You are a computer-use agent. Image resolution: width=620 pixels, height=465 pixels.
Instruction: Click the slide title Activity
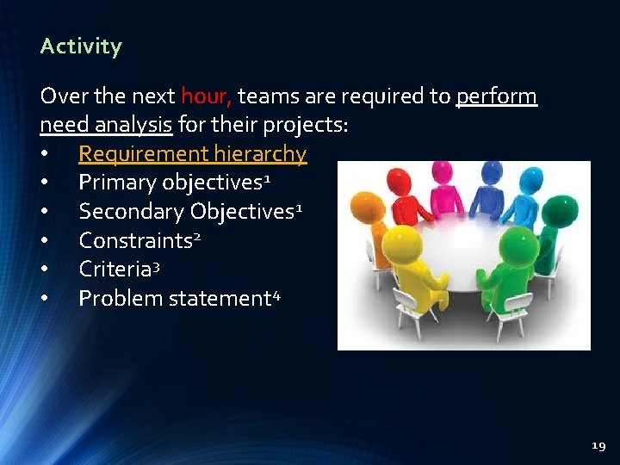[x=81, y=46]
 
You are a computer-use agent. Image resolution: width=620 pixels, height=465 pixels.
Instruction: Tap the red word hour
[x=206, y=96]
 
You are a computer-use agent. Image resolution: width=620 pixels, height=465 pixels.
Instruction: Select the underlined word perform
[x=497, y=96]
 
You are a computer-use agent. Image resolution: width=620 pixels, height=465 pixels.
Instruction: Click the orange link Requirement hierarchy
[x=192, y=154]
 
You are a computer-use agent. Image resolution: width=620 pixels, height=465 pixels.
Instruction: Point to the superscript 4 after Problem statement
[x=276, y=294]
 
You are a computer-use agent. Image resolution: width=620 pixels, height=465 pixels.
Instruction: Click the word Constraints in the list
[x=135, y=240]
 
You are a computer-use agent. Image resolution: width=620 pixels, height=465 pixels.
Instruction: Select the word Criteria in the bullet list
[x=115, y=269]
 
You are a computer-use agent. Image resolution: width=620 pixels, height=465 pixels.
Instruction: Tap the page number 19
[x=598, y=446]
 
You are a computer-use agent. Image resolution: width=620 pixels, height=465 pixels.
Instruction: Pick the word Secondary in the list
[x=131, y=212]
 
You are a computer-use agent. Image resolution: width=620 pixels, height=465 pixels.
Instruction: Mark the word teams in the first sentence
[x=269, y=96]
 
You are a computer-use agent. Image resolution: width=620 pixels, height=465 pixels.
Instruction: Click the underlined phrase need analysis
[x=106, y=126]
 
